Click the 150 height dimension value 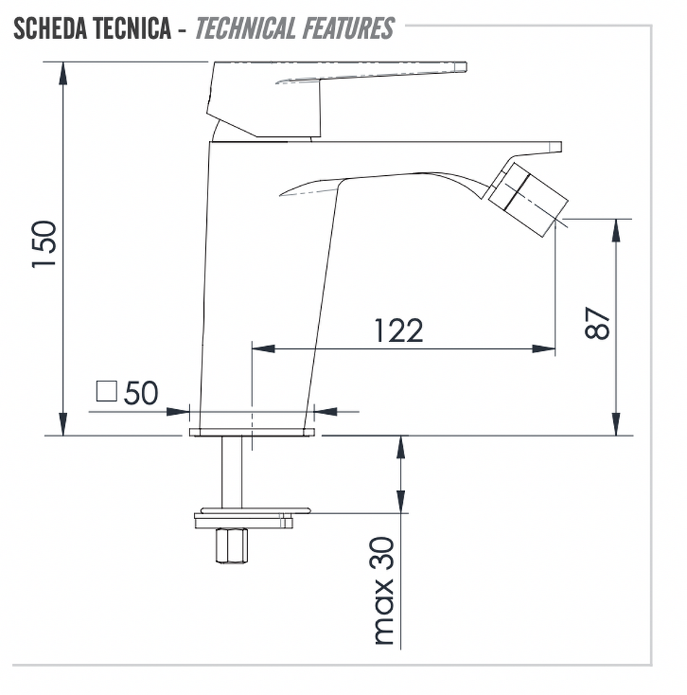[x=44, y=244]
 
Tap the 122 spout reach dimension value [x=399, y=330]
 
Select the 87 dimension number [x=597, y=323]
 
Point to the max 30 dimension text [x=383, y=591]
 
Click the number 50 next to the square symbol [x=141, y=392]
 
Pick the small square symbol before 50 [x=107, y=391]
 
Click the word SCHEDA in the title [x=51, y=28]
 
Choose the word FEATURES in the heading [x=348, y=28]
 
